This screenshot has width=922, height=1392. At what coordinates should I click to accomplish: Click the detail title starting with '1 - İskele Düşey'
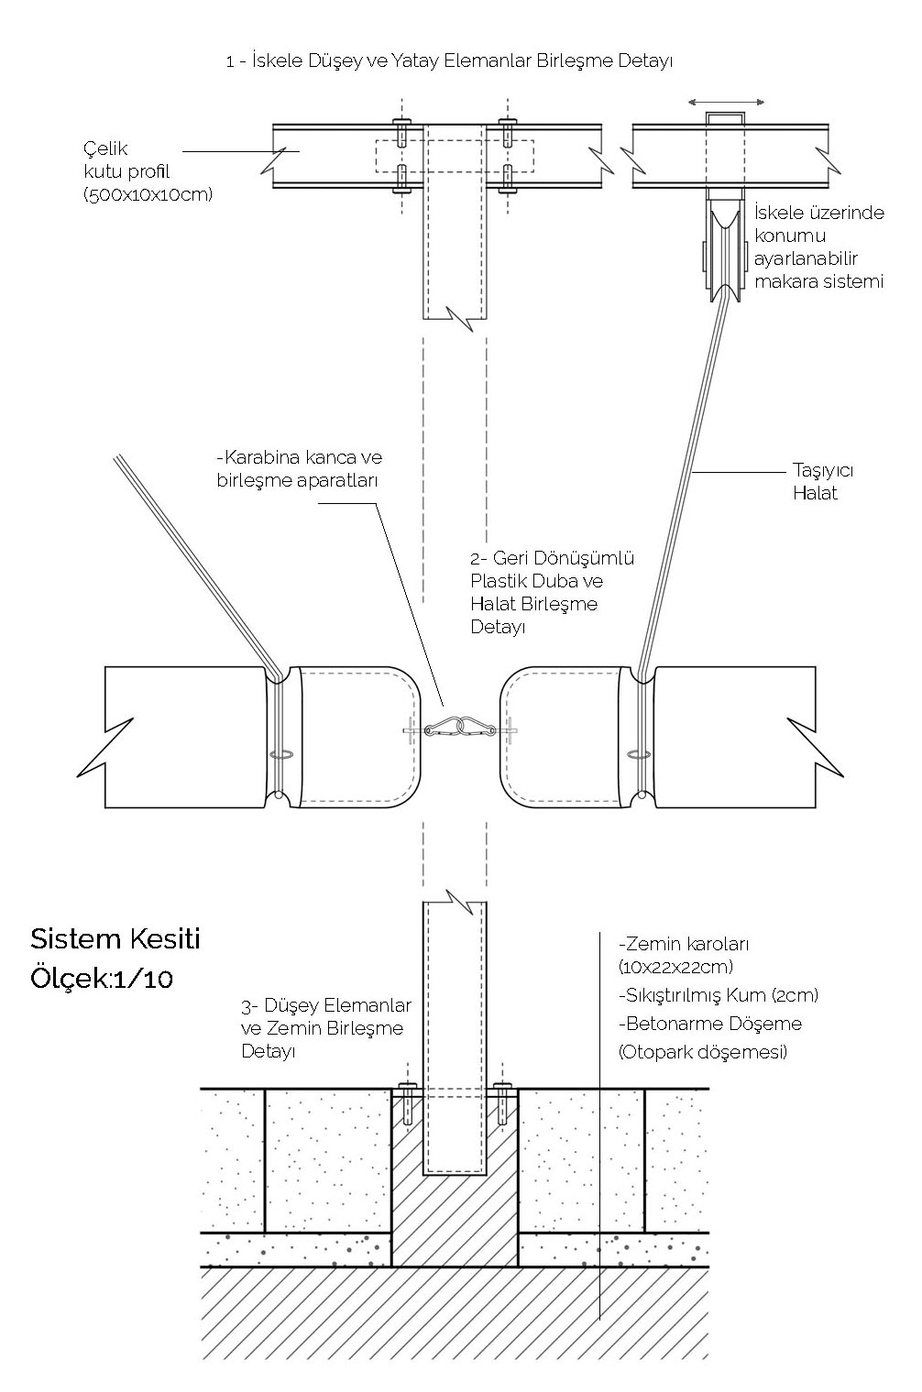[449, 61]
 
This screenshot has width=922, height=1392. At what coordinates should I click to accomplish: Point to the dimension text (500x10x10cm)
[148, 194]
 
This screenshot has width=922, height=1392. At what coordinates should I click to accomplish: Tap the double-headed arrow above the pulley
[728, 102]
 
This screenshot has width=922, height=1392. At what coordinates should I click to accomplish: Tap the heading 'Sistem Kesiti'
[115, 938]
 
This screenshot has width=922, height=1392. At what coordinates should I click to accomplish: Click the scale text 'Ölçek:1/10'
[101, 978]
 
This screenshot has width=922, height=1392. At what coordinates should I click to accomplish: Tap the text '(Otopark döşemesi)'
[703, 1051]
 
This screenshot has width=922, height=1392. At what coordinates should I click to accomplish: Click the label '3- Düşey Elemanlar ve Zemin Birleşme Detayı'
[321, 1028]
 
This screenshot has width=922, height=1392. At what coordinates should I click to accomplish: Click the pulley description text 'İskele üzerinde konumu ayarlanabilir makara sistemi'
[818, 247]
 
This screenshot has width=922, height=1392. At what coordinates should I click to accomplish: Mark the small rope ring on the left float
[280, 754]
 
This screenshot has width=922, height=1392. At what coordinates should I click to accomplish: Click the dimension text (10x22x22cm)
[676, 967]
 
